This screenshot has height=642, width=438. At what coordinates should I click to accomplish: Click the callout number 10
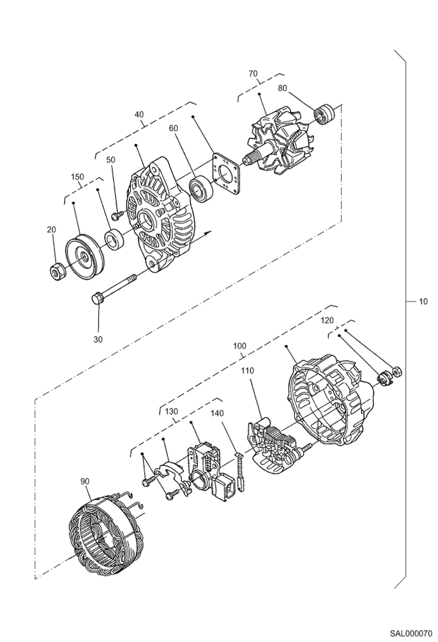coord(423,301)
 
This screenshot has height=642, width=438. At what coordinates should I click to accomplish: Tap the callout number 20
coord(51,230)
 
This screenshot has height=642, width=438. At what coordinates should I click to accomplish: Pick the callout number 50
coord(111,160)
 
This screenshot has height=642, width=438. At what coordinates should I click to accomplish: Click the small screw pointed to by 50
coord(118,215)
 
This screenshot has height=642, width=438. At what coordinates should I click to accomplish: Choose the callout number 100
coord(240,346)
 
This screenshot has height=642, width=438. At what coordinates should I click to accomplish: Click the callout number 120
coord(327,321)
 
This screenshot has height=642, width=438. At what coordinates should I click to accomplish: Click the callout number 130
coord(171,411)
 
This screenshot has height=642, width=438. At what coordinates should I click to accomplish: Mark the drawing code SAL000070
coord(411,634)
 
